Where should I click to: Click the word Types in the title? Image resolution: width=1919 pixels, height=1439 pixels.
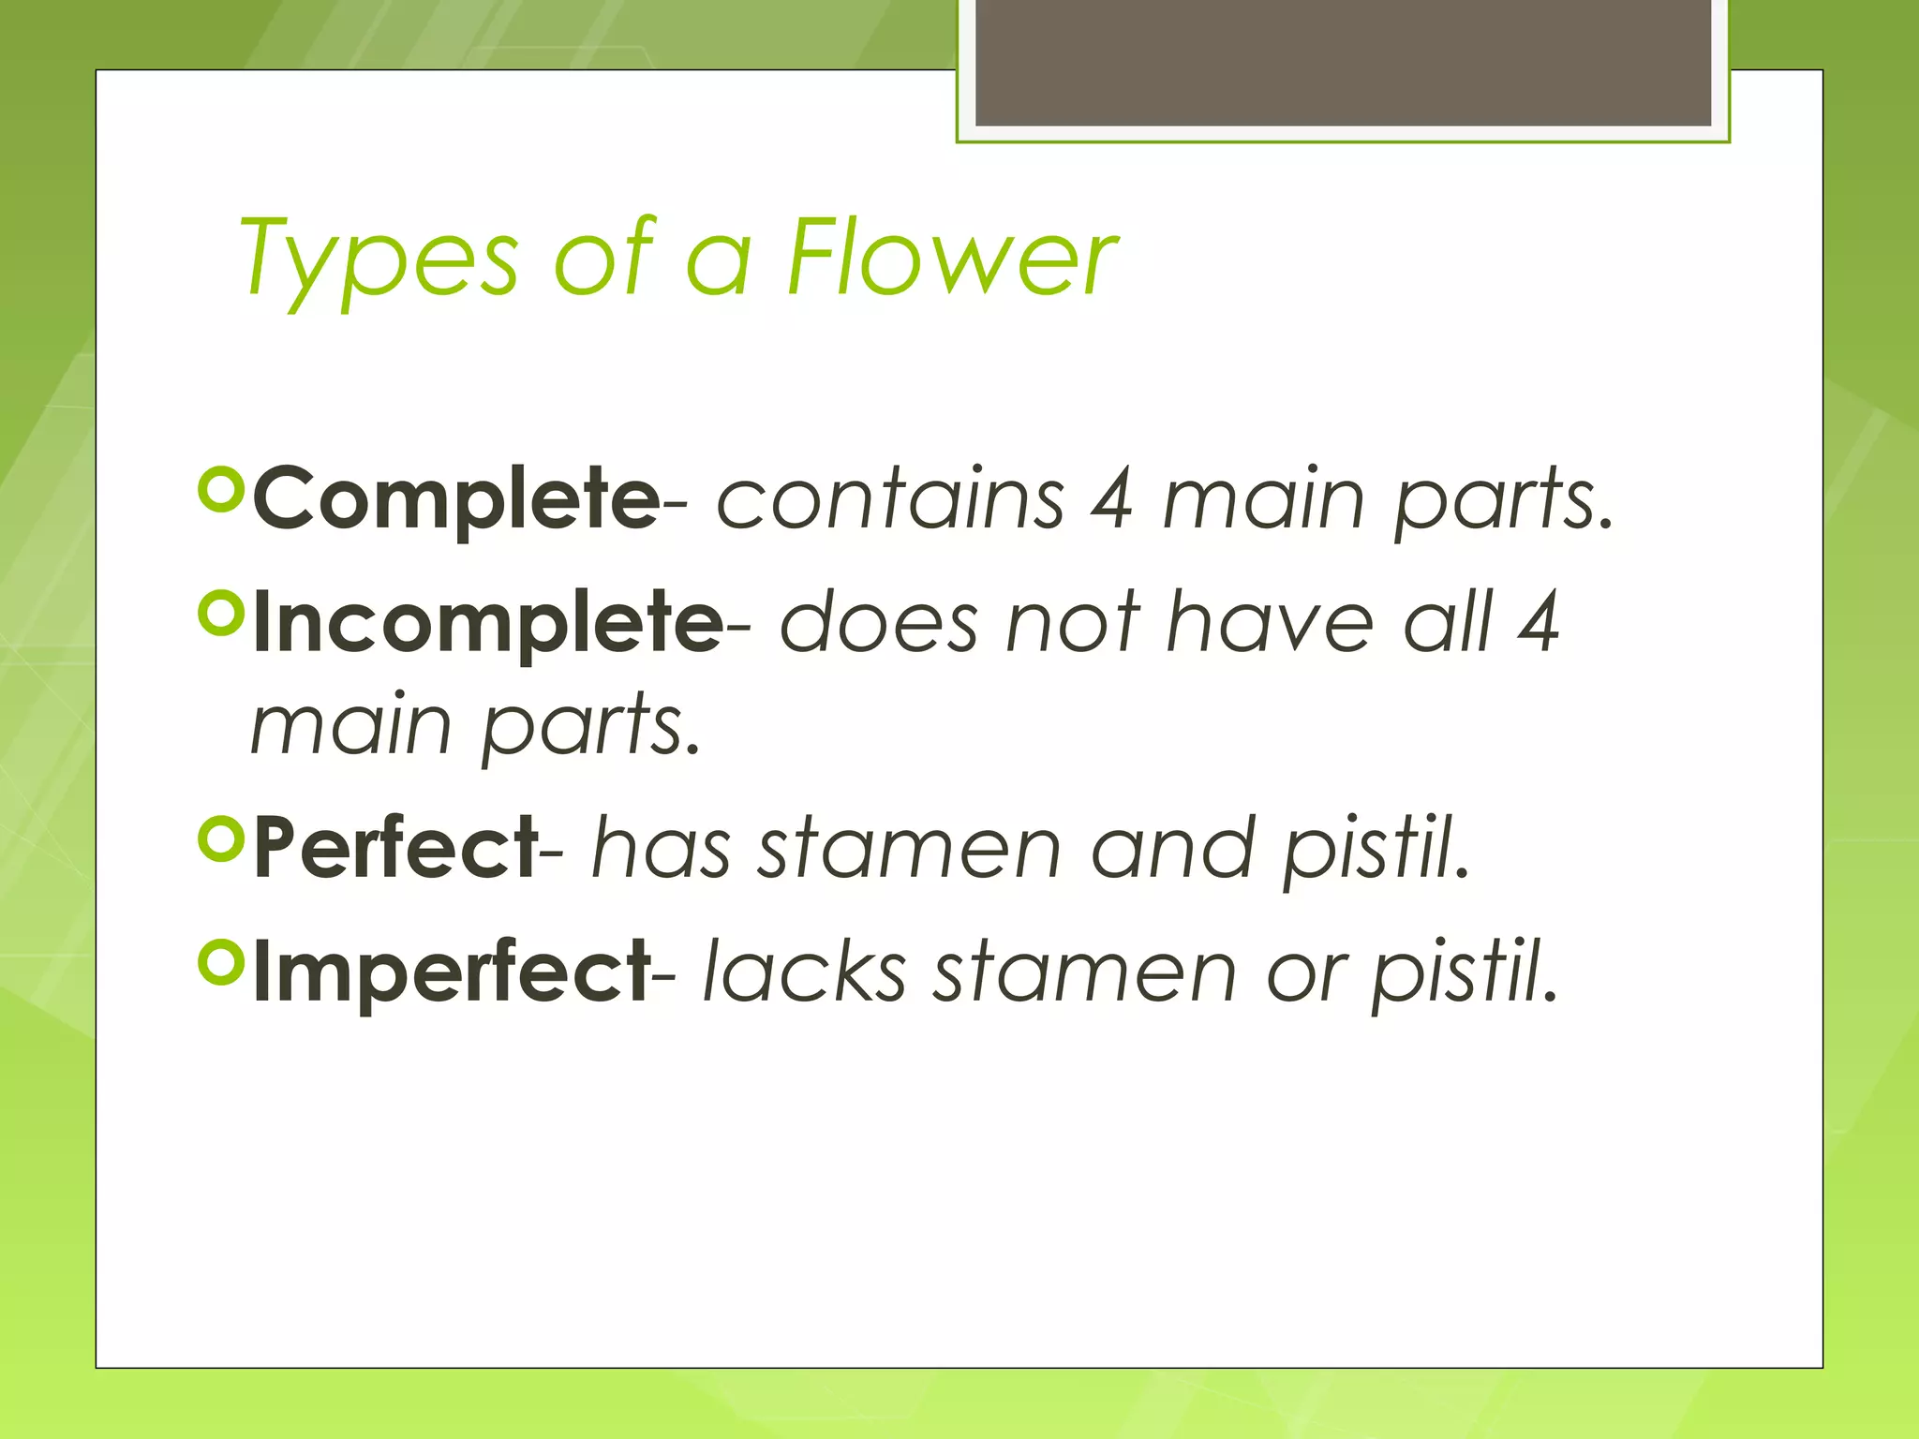coord(379,259)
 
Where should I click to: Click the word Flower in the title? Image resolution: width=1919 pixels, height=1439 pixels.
coord(952,257)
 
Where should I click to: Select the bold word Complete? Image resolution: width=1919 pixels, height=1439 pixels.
coord(456,498)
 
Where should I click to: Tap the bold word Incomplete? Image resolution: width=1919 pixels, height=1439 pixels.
coord(487,623)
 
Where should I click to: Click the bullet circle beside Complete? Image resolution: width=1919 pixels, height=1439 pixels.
coord(222,491)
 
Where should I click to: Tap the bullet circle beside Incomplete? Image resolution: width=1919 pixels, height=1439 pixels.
coord(222,615)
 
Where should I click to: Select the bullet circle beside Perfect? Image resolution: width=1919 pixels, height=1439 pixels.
coord(222,839)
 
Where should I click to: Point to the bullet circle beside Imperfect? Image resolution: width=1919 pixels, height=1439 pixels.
coord(222,963)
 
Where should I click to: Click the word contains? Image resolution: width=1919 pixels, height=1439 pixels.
coord(890,498)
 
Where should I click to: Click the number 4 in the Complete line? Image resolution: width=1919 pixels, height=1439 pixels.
coord(1112,498)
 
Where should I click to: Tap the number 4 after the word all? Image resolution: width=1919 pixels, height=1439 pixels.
coord(1538,622)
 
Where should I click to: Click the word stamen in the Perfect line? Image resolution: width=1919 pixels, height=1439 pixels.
coord(909,848)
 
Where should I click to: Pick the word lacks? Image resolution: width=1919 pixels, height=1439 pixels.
coord(804,972)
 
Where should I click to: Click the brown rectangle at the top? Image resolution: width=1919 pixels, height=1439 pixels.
coord(1343,62)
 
